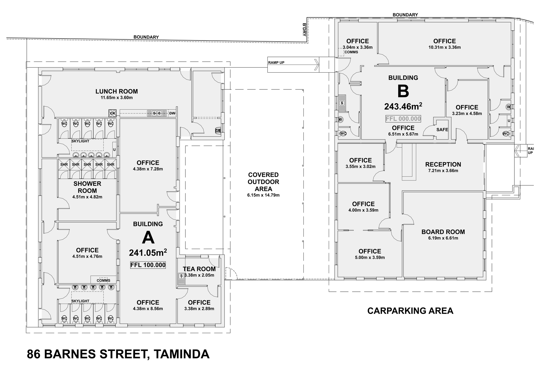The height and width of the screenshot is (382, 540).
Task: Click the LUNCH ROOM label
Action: tap(116, 91)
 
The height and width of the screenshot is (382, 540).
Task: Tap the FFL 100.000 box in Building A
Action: tap(148, 265)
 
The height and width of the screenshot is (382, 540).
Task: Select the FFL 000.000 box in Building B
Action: tap(403, 119)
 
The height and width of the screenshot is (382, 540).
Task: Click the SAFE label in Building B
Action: tap(442, 130)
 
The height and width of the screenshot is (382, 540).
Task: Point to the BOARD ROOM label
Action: tap(443, 232)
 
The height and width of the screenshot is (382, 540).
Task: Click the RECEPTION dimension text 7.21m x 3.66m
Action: tap(443, 171)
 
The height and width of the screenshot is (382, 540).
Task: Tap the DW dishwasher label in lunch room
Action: tap(172, 113)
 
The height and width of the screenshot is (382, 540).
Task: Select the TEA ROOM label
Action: tap(199, 269)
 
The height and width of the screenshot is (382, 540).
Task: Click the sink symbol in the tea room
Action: tap(181, 276)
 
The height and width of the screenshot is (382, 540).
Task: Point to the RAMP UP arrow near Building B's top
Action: tap(316, 64)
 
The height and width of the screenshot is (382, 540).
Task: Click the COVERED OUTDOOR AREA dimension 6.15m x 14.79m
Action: tap(263, 195)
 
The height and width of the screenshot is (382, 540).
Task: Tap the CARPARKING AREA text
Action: tap(410, 311)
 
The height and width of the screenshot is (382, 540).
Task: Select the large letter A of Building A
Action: tap(148, 238)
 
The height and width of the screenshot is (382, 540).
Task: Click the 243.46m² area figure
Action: tap(403, 106)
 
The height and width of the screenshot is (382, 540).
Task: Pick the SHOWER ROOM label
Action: tap(87, 187)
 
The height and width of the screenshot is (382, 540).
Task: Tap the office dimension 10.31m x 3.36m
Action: tap(444, 48)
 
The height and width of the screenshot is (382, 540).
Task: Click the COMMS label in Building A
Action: tap(103, 280)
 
